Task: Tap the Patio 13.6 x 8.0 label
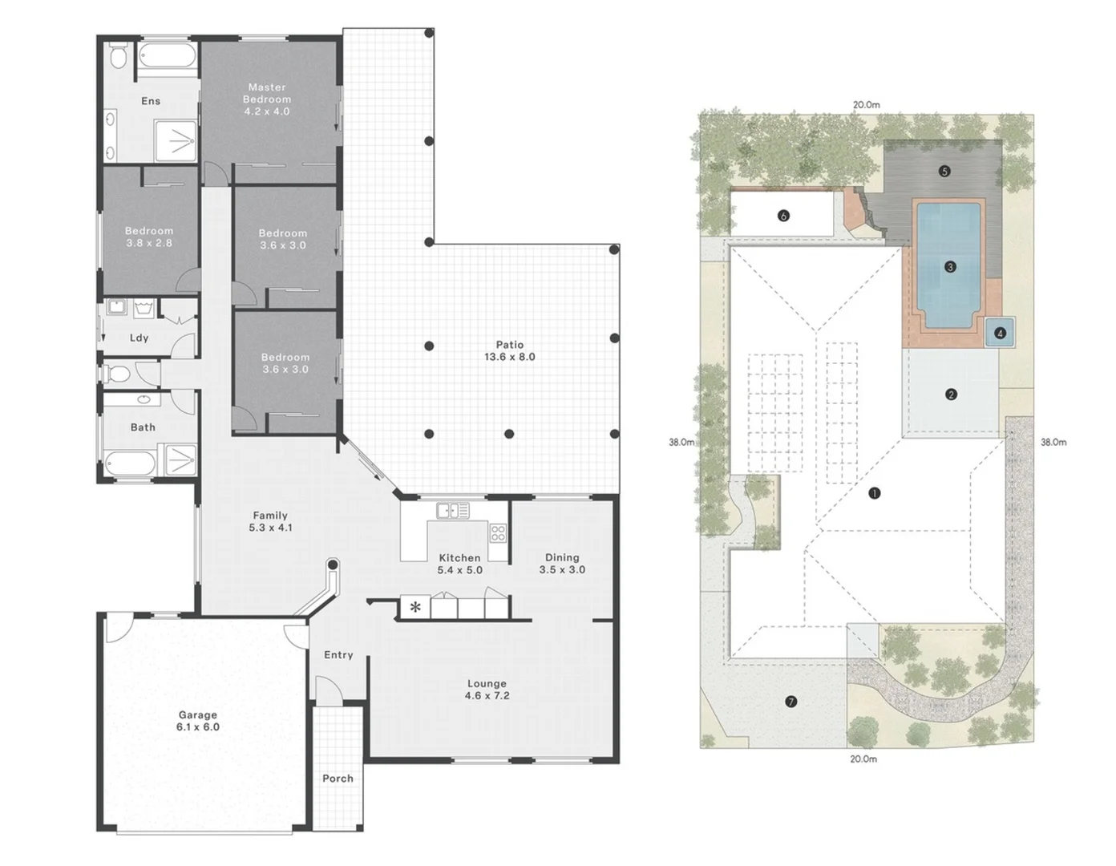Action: [510, 351]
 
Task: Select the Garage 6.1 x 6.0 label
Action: [198, 721]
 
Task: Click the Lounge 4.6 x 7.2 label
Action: [487, 690]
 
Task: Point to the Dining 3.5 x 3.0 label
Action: [562, 563]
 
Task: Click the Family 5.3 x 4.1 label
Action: [270, 521]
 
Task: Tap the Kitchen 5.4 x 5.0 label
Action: [459, 564]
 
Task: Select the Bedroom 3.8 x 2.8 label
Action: [149, 237]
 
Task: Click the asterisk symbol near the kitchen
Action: [415, 607]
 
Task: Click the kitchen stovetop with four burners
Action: [498, 532]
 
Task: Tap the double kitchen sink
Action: [453, 510]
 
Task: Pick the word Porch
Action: [338, 778]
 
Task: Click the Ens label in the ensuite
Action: [151, 101]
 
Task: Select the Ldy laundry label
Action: [139, 338]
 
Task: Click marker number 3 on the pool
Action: [950, 267]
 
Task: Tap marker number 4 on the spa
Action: [1000, 334]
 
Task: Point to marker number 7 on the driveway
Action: [791, 702]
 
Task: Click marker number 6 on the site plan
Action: [783, 216]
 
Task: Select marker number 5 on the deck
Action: [944, 171]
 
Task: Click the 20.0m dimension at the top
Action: [866, 105]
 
